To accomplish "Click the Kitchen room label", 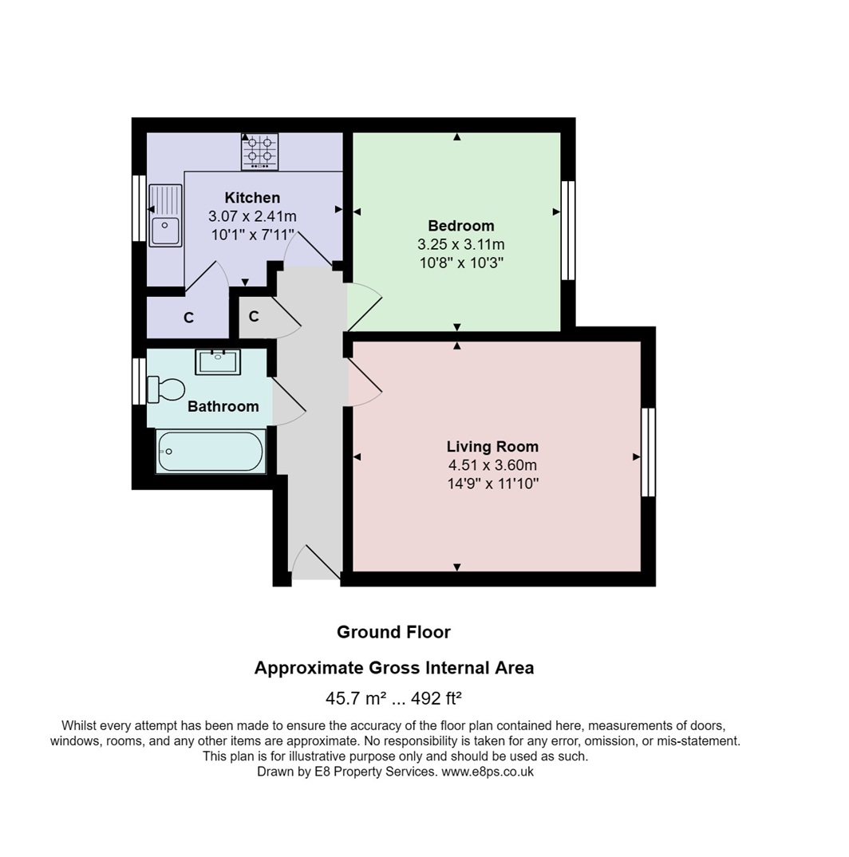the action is click(x=252, y=197).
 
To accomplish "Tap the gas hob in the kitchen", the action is click(x=259, y=152).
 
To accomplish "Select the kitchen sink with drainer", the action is click(x=165, y=215).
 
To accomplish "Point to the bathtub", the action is click(x=211, y=452).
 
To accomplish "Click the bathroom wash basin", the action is click(x=218, y=361).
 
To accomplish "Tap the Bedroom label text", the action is click(x=461, y=226).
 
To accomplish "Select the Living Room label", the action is click(x=492, y=447).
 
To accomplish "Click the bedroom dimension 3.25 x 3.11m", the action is click(x=461, y=244).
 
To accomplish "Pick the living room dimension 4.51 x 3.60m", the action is click(x=492, y=465).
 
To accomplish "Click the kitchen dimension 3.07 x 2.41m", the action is click(x=252, y=216).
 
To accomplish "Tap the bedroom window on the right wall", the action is click(x=569, y=231).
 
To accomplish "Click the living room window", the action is click(x=649, y=452).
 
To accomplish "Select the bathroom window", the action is click(x=140, y=381).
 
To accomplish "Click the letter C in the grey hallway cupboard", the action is click(x=254, y=317).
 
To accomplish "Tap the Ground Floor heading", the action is click(x=393, y=632).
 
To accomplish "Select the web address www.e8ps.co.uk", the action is click(x=488, y=772).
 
